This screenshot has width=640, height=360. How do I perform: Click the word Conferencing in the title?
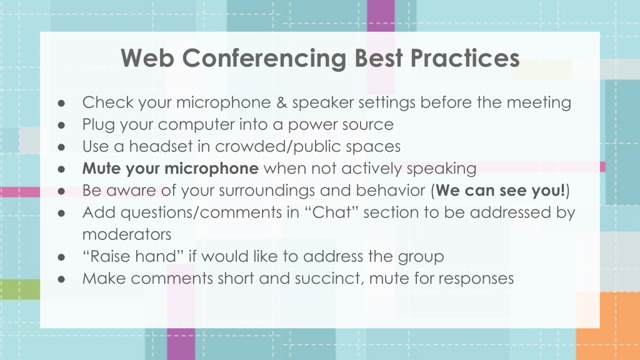point(264,59)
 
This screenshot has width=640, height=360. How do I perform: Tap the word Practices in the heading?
point(465,58)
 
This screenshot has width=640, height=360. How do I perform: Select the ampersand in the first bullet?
point(282,102)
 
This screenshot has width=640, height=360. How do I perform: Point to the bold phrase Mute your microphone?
point(170,169)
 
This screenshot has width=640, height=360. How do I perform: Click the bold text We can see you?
point(501,191)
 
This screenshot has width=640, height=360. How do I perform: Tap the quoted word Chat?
point(331,212)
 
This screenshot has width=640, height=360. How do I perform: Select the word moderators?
point(127,235)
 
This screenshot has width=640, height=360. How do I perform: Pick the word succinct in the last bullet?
point(330,279)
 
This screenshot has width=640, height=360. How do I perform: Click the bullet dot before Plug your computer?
point(61,125)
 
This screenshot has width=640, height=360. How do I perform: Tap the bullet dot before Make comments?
point(61,279)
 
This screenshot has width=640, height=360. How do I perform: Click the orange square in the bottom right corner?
point(608,326)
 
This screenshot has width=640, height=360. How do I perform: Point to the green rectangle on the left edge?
point(20,289)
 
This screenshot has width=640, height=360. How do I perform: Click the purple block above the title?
point(381,16)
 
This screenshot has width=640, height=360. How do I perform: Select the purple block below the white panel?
point(181,344)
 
